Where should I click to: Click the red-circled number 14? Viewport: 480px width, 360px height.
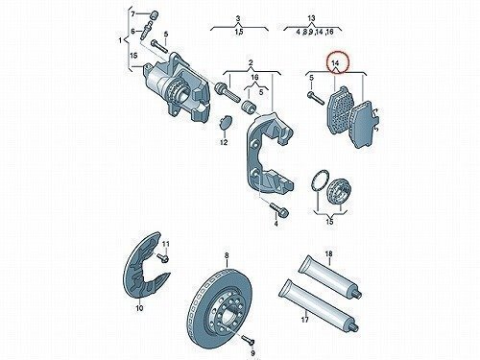(x=335, y=63)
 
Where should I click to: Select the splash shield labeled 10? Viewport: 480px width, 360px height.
(x=145, y=267)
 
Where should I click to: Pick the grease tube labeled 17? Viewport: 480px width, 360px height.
(x=318, y=305)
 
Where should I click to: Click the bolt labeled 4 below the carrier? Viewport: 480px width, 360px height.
(x=279, y=209)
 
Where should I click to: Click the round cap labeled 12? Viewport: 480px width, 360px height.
(x=226, y=122)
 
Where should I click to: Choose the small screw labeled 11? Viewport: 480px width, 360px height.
(x=163, y=256)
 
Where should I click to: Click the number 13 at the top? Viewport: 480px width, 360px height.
(x=311, y=18)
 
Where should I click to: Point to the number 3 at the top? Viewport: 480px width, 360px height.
(x=238, y=19)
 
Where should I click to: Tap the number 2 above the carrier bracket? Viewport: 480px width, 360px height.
(x=251, y=62)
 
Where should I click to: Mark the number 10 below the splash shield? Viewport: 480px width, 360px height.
(x=139, y=308)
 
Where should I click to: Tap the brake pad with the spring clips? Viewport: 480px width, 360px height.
(x=364, y=124)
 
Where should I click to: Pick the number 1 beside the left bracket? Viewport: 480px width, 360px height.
(x=120, y=40)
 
